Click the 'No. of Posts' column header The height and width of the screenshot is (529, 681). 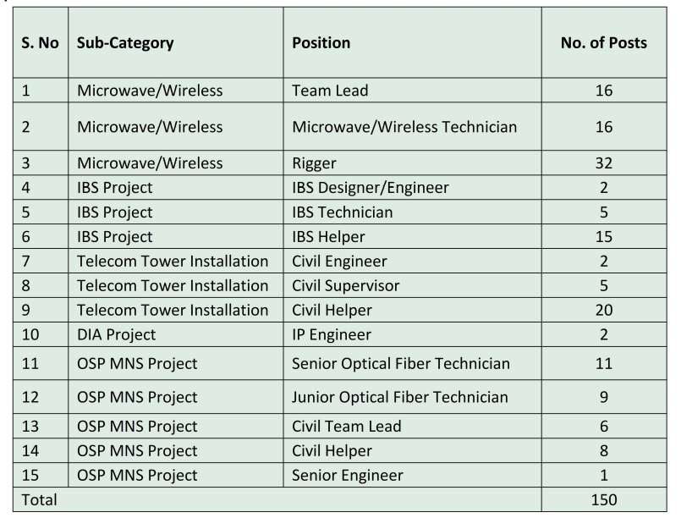click(x=603, y=42)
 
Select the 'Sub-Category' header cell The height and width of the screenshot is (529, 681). click(x=125, y=42)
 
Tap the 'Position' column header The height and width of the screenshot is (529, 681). click(x=321, y=42)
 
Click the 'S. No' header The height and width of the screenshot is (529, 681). click(x=40, y=42)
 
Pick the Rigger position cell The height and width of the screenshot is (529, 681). click(x=316, y=163)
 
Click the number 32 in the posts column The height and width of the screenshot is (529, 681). click(x=603, y=163)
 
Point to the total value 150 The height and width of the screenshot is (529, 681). click(x=603, y=499)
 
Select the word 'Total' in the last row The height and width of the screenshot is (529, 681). click(x=40, y=499)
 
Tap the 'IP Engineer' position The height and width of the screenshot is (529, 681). click(x=332, y=334)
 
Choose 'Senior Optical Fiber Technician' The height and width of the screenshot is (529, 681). click(x=401, y=364)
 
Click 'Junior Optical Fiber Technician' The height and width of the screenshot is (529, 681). click(x=400, y=396)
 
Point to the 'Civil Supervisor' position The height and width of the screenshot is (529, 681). click(x=345, y=285)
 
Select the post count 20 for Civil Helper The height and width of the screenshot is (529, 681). click(x=603, y=310)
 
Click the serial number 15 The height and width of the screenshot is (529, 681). click(x=31, y=475)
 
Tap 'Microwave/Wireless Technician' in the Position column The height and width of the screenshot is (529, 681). click(x=404, y=127)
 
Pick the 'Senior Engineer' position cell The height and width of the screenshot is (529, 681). click(x=347, y=475)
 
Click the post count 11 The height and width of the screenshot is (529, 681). click(x=603, y=364)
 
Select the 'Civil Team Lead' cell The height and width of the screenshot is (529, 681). click(x=346, y=426)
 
